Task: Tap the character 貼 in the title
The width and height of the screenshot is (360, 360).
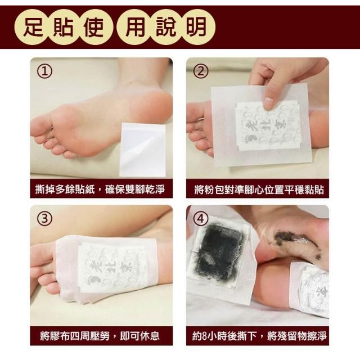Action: [x=63, y=28]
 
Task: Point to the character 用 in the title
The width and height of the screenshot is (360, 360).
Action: [x=136, y=28]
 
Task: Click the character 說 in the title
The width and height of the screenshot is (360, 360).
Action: [x=166, y=28]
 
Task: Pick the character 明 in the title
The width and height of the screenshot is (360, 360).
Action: [x=196, y=28]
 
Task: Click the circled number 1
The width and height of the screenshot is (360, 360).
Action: [x=45, y=71]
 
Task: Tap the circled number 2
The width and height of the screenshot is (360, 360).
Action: [x=201, y=71]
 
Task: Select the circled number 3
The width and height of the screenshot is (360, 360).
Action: [x=45, y=218]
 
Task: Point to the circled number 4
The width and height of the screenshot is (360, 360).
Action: [x=201, y=218]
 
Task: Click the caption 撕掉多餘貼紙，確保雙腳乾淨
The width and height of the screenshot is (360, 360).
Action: [x=100, y=190]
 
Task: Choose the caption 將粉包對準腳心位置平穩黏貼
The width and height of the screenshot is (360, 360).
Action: [x=259, y=190]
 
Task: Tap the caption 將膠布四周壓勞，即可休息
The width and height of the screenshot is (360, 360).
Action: [x=100, y=336]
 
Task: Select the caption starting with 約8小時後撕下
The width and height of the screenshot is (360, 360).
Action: [x=259, y=336]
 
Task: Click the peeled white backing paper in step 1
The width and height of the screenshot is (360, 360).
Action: [x=142, y=150]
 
